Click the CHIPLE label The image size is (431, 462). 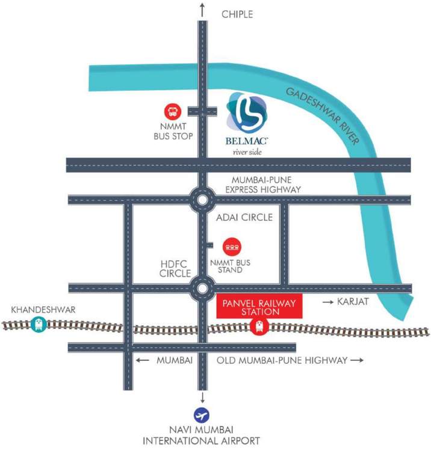237,13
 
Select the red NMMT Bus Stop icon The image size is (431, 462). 173,111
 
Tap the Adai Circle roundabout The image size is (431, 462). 202,199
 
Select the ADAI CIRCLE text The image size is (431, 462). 244,217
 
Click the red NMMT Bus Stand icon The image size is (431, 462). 232,247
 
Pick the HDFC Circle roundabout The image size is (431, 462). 202,288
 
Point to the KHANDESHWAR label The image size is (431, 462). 35,310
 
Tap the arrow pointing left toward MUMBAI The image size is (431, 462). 142,360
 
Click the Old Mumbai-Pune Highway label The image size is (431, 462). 281,360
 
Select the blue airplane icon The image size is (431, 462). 202,416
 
